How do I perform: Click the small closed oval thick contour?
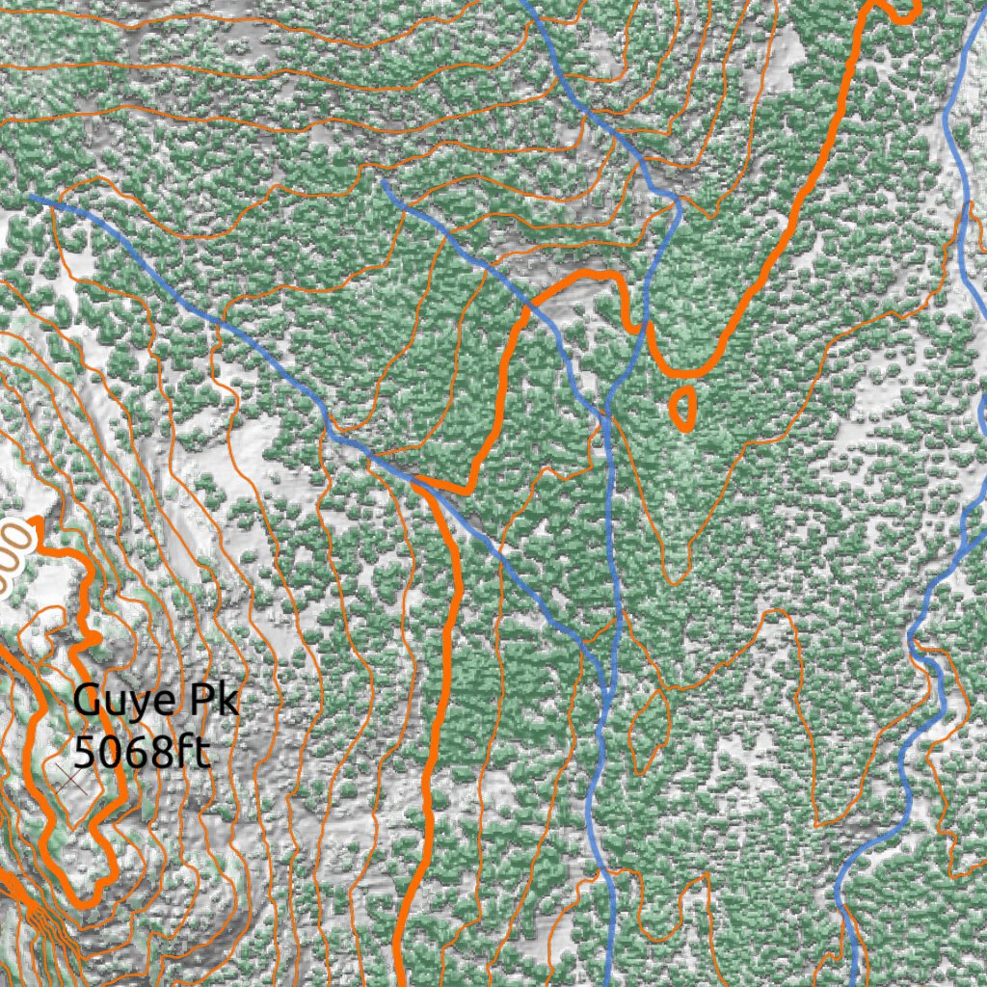pos(681,408)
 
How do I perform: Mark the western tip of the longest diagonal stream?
pos(33,198)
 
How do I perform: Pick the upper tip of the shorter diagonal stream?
pos(385,180)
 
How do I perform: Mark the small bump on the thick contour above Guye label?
pos(94,638)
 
